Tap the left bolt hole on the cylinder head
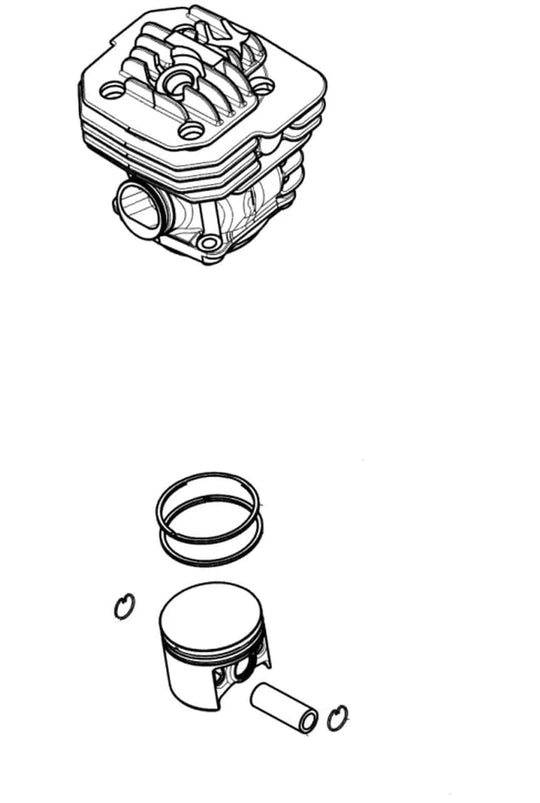pyautogui.click(x=113, y=91)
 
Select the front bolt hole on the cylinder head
pyautogui.click(x=191, y=131)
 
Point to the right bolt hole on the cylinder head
pyautogui.click(x=262, y=87)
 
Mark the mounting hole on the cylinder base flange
pyautogui.click(x=208, y=243)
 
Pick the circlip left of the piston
pyautogui.click(x=124, y=605)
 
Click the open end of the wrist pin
pyautogui.click(x=308, y=719)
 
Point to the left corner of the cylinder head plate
pyautogui.click(x=84, y=75)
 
